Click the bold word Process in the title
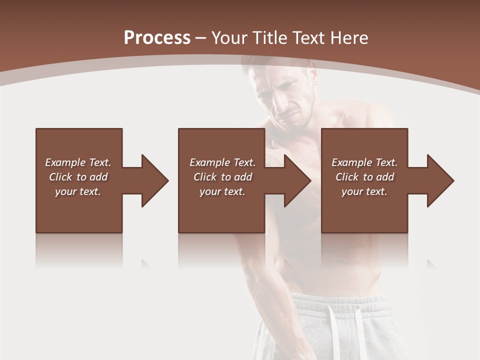tap(157, 38)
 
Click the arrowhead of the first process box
tap(154, 180)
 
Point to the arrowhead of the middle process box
tap(297, 180)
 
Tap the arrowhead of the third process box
tap(440, 180)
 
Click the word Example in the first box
tap(65, 162)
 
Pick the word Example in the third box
tap(352, 162)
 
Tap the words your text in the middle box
tap(222, 191)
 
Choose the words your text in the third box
tap(364, 191)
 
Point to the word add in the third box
tap(385, 177)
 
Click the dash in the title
tap(201, 38)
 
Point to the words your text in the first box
tap(78, 191)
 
